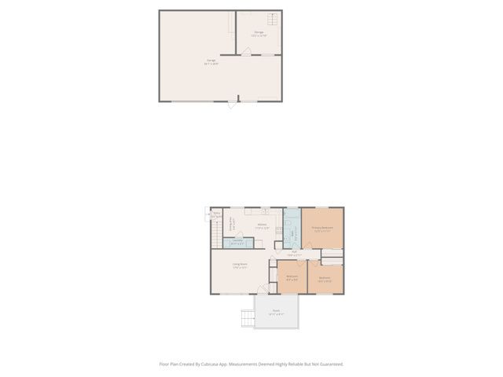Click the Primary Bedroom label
click(322, 228)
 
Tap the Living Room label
click(240, 265)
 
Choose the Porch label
click(276, 311)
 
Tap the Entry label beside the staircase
click(215, 213)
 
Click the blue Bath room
click(291, 229)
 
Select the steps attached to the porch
click(248, 317)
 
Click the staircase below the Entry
click(215, 233)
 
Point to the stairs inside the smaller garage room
click(273, 20)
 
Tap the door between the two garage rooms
click(246, 52)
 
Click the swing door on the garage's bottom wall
click(231, 103)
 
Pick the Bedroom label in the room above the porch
click(292, 276)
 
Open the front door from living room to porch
click(264, 290)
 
